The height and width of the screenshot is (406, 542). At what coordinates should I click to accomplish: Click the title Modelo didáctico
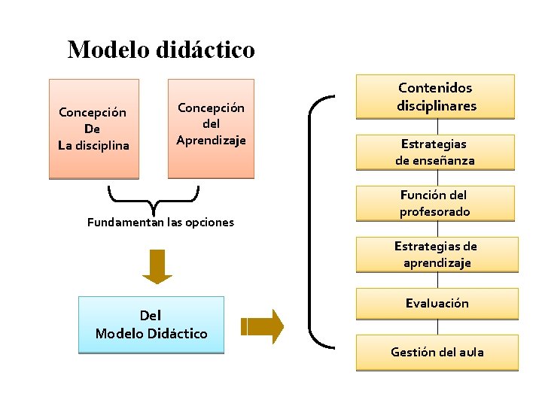[x=161, y=50]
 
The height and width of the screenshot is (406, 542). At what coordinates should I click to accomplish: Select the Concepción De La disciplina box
[x=94, y=129]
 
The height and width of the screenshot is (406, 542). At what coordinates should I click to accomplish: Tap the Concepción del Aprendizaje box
[x=211, y=129]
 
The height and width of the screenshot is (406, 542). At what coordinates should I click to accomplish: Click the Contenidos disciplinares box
[x=437, y=97]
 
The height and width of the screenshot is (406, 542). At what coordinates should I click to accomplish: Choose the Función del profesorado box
[x=435, y=203]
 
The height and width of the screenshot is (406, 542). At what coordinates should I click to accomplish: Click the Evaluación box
[x=437, y=304]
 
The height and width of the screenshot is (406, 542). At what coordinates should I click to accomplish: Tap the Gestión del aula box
[x=437, y=352]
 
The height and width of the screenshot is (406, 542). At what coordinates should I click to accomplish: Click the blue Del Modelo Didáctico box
[x=151, y=324]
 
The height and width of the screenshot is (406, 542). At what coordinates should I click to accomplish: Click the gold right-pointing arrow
[x=263, y=326]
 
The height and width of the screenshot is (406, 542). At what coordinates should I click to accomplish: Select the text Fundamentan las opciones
[x=160, y=223]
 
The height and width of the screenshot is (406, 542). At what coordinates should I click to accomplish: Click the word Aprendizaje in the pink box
[x=211, y=140]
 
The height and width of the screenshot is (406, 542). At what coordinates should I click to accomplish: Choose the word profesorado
[x=434, y=212]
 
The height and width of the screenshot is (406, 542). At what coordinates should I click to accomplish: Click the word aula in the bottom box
[x=470, y=352]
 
